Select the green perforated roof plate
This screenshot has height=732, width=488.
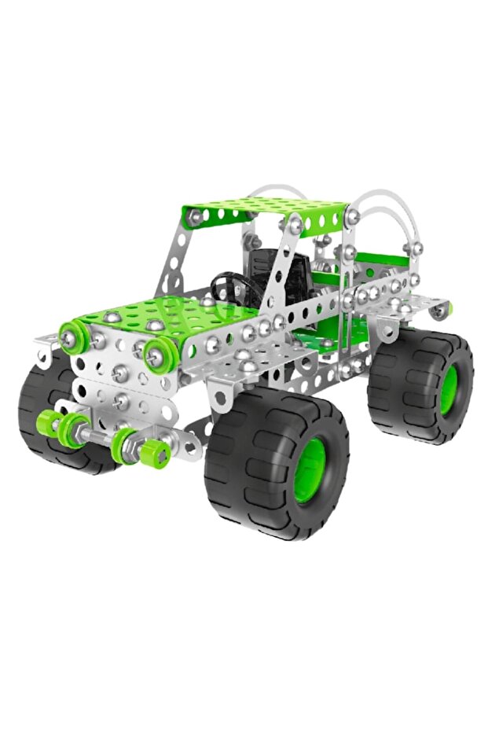[264, 211]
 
